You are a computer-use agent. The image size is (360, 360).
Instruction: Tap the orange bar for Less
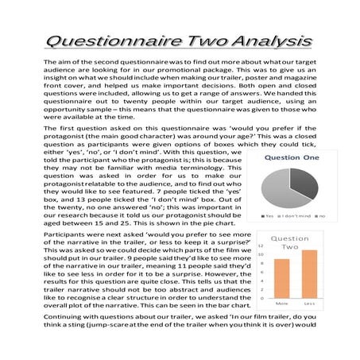click(309, 273)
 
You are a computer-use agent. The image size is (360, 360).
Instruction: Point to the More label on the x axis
click(281, 304)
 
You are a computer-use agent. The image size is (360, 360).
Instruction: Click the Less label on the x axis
click(309, 304)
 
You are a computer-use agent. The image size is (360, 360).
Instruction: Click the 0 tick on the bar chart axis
click(261, 297)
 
